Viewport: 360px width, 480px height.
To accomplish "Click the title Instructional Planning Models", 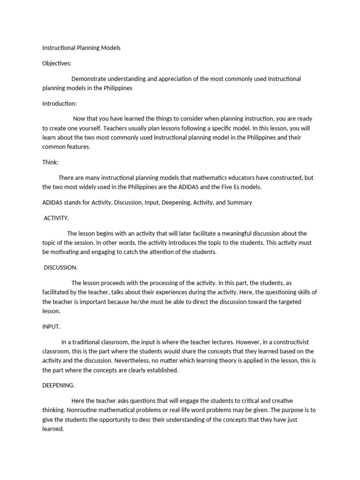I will (82, 48).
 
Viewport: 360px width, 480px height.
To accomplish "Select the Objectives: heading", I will (57, 63).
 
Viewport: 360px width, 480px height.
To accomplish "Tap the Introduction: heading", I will (60, 103).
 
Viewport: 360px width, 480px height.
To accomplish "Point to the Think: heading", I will (50, 162).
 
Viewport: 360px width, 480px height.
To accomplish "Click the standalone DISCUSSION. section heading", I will (60, 267).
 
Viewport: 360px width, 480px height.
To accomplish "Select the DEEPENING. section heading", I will (59, 385).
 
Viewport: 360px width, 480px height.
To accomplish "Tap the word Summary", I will (240, 202).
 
